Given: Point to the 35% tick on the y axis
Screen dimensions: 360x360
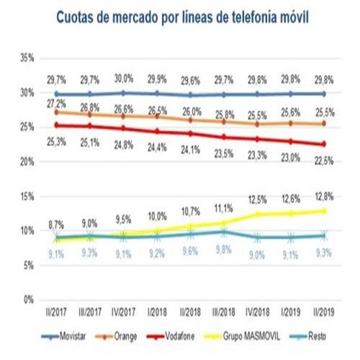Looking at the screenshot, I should tap(27, 58).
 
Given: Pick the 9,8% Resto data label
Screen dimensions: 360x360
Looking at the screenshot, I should tap(224, 251).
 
